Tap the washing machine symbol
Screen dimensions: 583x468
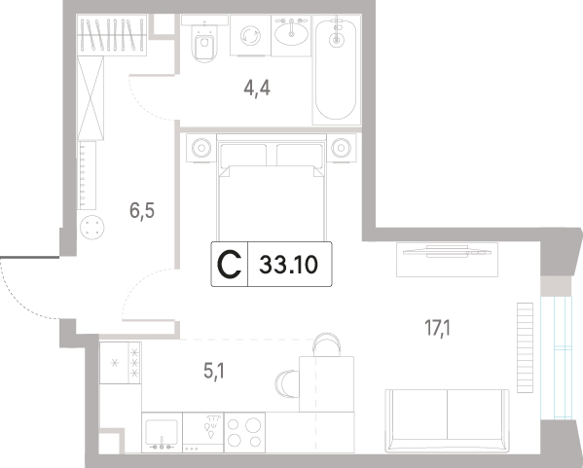[x=250, y=36]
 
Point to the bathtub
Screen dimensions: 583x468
[x=336, y=69]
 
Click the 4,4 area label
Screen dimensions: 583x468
[x=257, y=89]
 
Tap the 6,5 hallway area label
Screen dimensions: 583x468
[x=142, y=211]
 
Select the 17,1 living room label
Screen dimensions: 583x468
[x=437, y=329]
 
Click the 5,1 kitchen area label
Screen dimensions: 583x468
[x=214, y=371]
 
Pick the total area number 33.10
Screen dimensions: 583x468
[x=288, y=265]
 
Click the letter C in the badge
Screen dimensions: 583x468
[x=229, y=265]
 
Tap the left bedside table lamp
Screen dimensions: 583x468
[x=201, y=148]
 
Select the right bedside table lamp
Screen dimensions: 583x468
[x=341, y=148]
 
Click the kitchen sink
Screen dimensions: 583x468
[x=162, y=432]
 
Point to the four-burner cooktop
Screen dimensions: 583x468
[x=244, y=432]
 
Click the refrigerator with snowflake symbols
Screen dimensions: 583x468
[x=120, y=363]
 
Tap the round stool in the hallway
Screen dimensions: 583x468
[x=91, y=227]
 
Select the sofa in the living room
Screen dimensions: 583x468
[x=447, y=420]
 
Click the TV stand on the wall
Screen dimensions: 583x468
[x=447, y=260]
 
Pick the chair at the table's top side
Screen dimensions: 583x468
[x=326, y=344]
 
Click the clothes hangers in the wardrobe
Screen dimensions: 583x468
[x=112, y=35]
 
